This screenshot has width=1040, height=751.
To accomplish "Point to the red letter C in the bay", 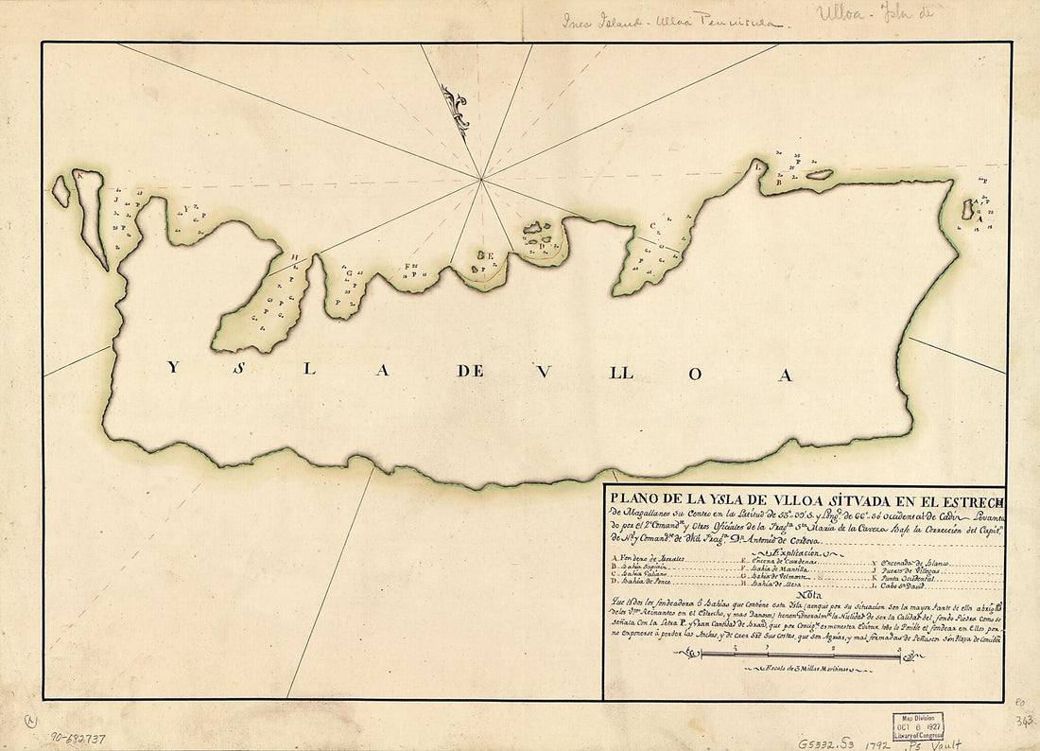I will coord(653,226).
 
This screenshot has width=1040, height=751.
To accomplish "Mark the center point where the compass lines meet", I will coord(481,177).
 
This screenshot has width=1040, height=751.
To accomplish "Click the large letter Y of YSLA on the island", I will coord(171,370).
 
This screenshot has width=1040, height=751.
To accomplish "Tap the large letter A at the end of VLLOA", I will coord(782,374).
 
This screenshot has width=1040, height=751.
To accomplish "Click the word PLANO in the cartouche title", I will coord(630,502).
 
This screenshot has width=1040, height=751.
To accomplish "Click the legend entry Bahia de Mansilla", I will coord(778,569).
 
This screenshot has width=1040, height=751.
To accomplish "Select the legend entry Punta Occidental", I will coord(908,577).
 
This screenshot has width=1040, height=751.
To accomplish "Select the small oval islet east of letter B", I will coord(819,174).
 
